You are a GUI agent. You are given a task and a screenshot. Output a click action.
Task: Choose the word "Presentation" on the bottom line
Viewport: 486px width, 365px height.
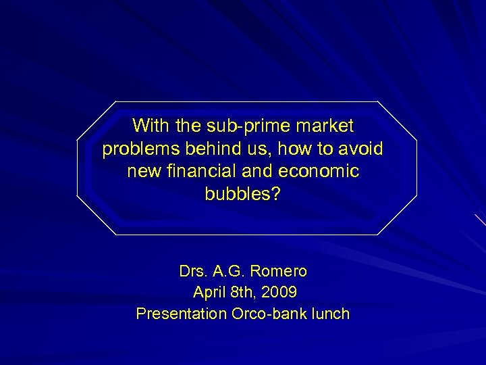(x=178, y=314)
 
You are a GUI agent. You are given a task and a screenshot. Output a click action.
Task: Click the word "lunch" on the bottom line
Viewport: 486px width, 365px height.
(x=331, y=314)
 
